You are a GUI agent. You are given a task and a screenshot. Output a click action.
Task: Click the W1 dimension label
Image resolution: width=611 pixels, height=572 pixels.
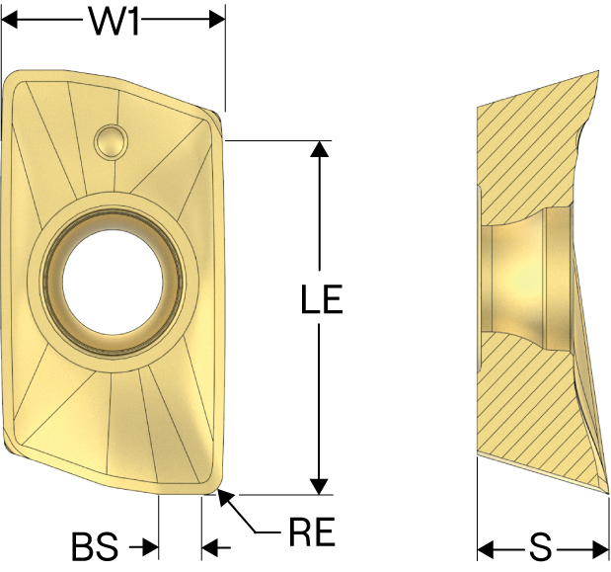[115, 21]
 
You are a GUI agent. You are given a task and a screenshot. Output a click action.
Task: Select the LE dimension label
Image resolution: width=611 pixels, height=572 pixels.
[322, 299]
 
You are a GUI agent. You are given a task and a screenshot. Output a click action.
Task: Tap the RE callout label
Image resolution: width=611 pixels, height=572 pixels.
[312, 531]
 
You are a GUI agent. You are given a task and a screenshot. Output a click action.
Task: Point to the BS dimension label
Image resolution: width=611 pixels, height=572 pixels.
[95, 546]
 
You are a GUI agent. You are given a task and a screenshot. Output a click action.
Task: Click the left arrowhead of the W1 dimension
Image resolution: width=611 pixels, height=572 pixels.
[10, 20]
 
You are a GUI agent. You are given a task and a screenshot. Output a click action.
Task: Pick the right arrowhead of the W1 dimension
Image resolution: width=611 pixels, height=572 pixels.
[217, 20]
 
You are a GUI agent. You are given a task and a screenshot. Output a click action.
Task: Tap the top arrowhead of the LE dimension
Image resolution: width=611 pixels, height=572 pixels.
[320, 149]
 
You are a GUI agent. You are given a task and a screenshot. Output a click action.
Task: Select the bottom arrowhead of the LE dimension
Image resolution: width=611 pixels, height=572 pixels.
[320, 487]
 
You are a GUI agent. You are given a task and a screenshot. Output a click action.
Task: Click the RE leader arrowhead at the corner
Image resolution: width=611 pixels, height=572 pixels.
[225, 497]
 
